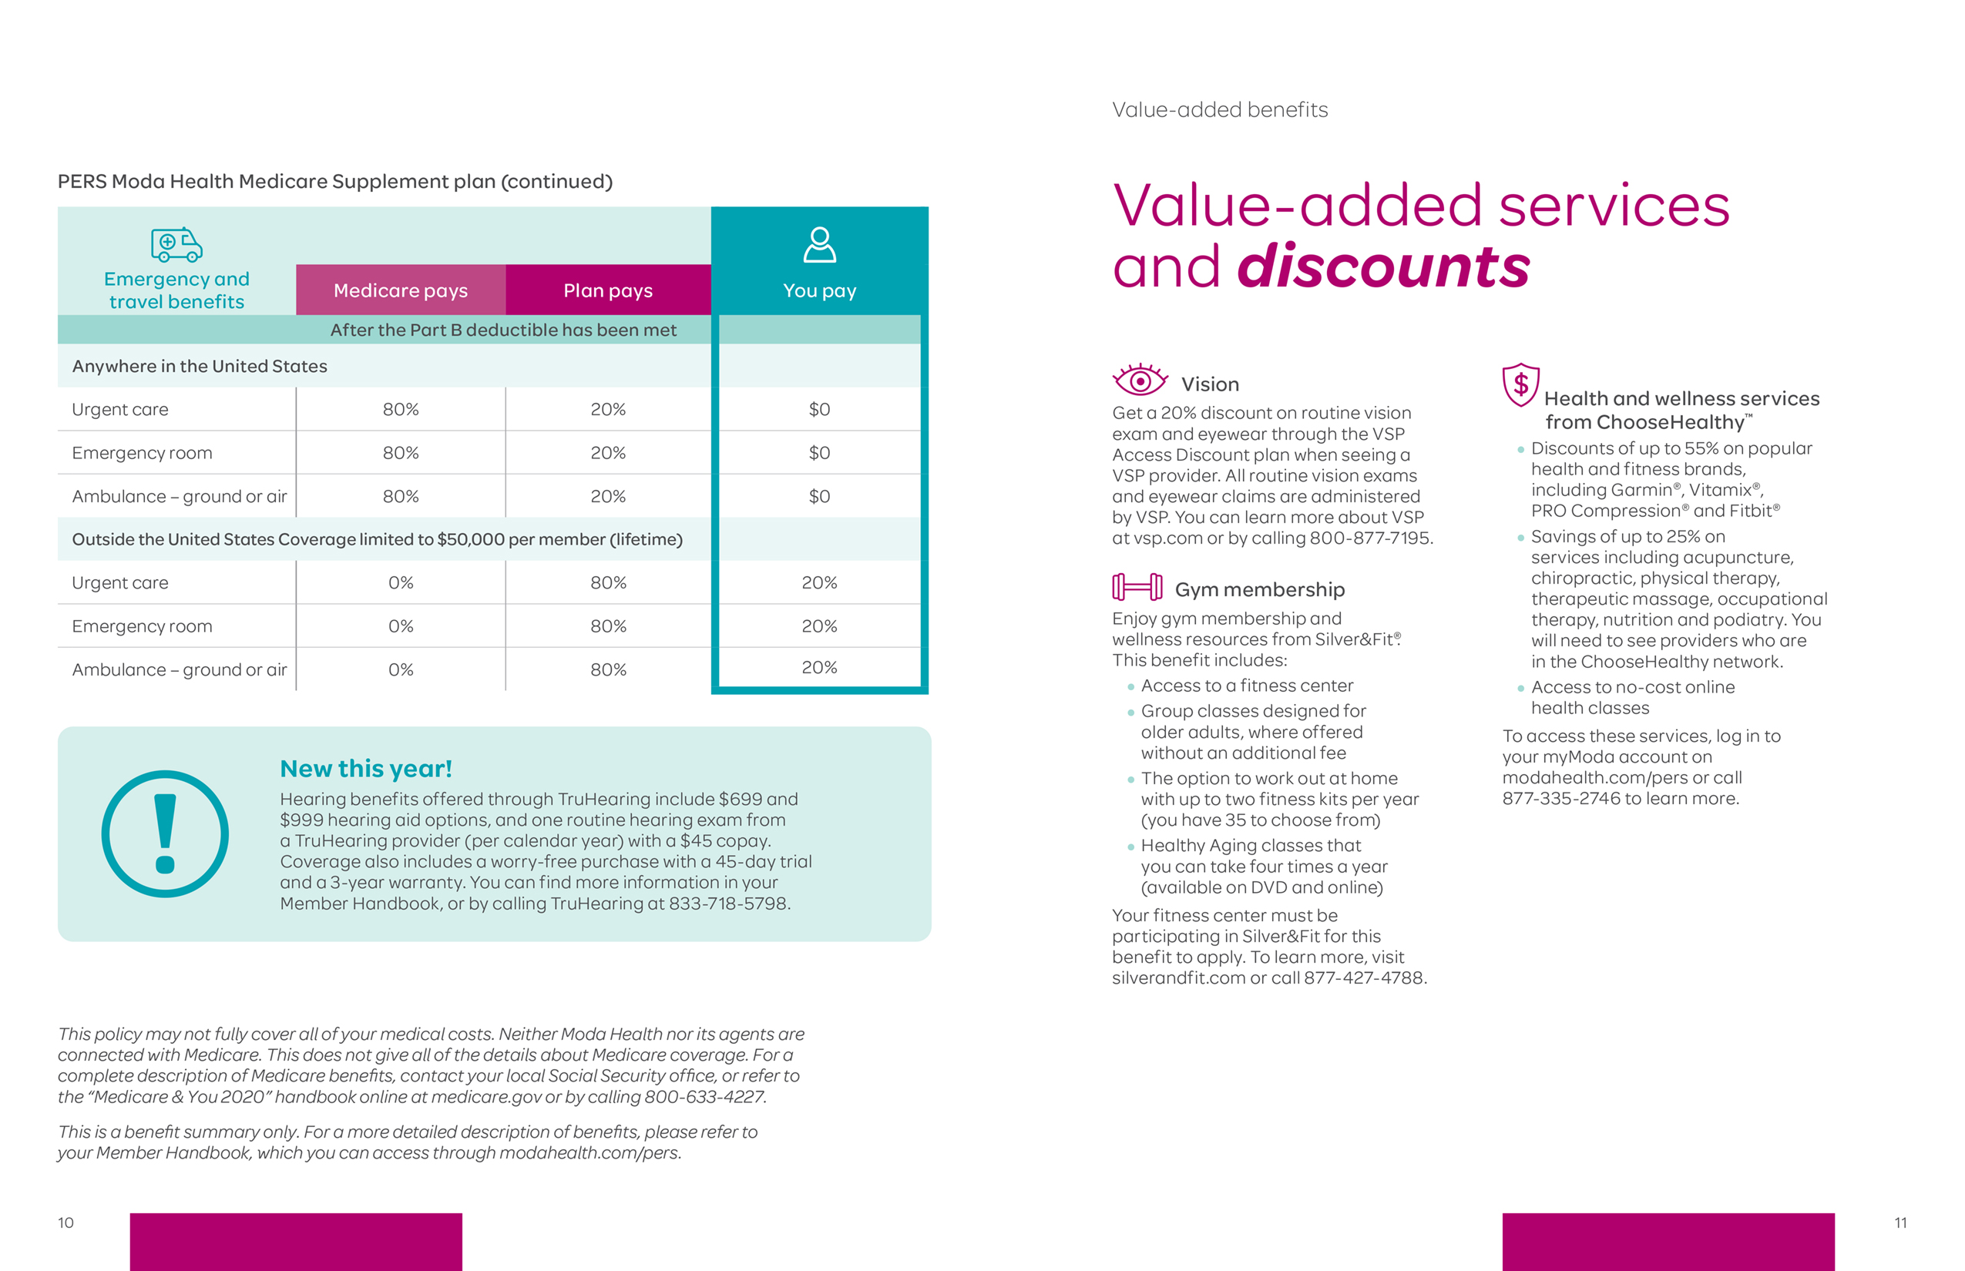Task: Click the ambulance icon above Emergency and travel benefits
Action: pos(176,244)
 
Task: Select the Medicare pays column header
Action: pos(401,290)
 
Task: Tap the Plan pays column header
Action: pos(608,290)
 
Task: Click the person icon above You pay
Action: pos(819,245)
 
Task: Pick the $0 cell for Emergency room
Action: pos(819,453)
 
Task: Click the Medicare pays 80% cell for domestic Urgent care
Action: pos(401,409)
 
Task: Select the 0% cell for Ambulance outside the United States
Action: pos(401,669)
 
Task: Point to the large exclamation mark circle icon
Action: pos(165,833)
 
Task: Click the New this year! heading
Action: pos(366,769)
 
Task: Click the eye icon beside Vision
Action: pos(1140,381)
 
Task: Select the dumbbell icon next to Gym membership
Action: pos(1137,588)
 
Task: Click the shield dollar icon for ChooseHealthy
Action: pos(1520,384)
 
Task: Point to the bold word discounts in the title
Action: pos(1383,267)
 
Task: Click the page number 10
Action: pos(66,1222)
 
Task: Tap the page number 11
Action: pos(1899,1222)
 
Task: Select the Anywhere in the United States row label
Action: pos(200,367)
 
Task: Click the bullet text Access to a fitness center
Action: pos(1247,686)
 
